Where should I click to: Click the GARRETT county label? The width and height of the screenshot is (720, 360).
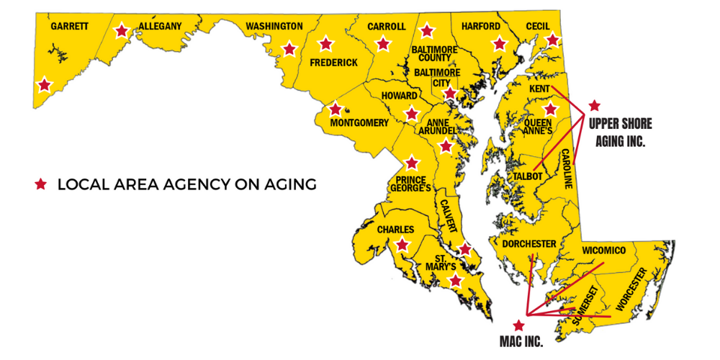[x=70, y=26]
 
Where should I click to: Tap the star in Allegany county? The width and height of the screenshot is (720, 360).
[x=122, y=31]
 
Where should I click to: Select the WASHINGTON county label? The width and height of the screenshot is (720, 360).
[x=274, y=27]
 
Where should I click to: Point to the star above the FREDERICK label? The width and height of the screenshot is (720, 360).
[x=325, y=44]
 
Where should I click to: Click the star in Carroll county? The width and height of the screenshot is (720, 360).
[x=383, y=44]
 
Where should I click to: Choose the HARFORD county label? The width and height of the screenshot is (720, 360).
[x=481, y=26]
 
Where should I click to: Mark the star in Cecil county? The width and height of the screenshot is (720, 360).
[x=552, y=40]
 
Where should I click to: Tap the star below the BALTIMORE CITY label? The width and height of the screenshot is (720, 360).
[x=449, y=93]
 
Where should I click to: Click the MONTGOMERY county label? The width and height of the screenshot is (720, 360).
[x=359, y=122]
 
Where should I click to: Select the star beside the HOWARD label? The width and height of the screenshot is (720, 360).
[x=411, y=114]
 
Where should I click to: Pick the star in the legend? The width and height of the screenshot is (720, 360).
[x=41, y=184]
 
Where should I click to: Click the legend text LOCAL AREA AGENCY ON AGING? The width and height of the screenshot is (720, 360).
[x=186, y=184]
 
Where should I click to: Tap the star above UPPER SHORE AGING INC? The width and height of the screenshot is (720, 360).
[x=594, y=105]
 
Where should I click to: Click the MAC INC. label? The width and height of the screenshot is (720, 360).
[x=521, y=338]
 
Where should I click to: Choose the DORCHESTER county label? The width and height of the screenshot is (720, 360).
[x=529, y=244]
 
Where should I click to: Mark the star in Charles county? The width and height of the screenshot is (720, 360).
[x=402, y=245]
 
